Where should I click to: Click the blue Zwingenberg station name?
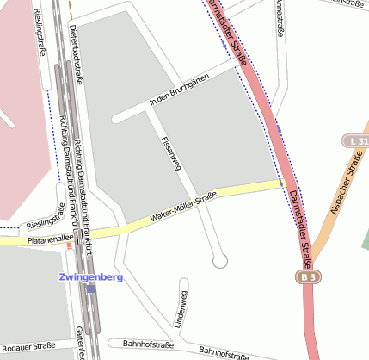tap(91, 277)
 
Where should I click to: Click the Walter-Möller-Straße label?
tap(181, 209)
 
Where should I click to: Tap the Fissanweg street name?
tap(168, 151)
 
